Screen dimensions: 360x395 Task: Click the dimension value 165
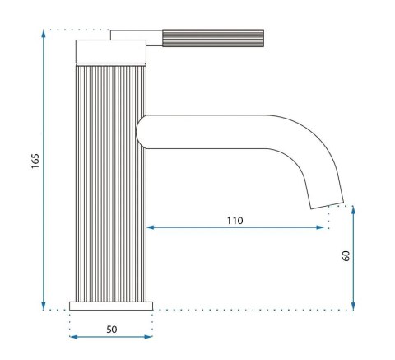point(35,161)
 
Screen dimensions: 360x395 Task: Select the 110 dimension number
point(235,220)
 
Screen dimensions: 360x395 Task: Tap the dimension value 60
point(346,256)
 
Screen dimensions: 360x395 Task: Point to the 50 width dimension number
point(111,329)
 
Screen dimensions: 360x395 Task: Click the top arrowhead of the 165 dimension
point(43,34)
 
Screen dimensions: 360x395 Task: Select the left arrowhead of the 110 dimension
point(151,228)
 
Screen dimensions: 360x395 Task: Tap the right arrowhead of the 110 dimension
point(323,228)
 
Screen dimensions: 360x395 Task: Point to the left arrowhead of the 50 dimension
point(73,336)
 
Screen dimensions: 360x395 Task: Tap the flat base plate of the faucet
point(111,306)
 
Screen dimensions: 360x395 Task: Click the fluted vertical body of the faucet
point(111,181)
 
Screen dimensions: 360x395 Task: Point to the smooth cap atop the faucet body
point(111,51)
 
